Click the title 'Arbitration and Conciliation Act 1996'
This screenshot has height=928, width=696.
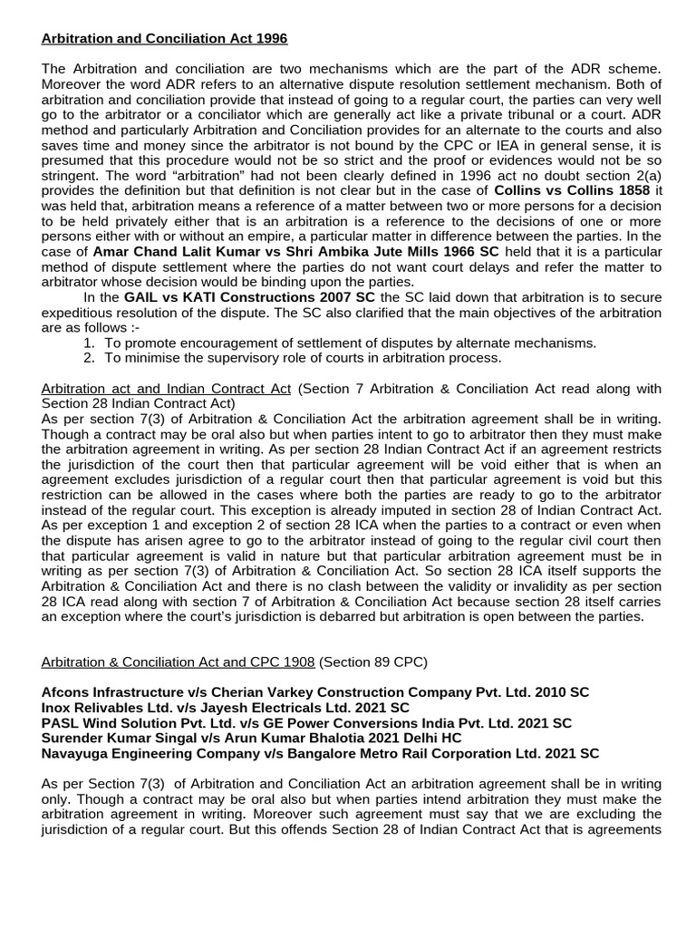point(164,39)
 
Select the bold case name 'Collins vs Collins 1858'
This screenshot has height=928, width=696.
point(571,190)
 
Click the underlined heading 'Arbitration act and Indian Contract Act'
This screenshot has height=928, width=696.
point(166,389)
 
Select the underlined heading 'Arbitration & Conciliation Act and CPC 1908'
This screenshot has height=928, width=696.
point(178,662)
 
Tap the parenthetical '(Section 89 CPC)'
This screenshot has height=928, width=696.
point(371,662)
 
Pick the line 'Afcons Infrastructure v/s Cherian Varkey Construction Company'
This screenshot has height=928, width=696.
point(314,692)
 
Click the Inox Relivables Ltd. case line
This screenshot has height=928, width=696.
point(225,708)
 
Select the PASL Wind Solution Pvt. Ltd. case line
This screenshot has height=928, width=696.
point(306,723)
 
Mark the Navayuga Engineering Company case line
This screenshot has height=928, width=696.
point(320,754)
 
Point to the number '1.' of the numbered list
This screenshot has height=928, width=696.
point(89,343)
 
